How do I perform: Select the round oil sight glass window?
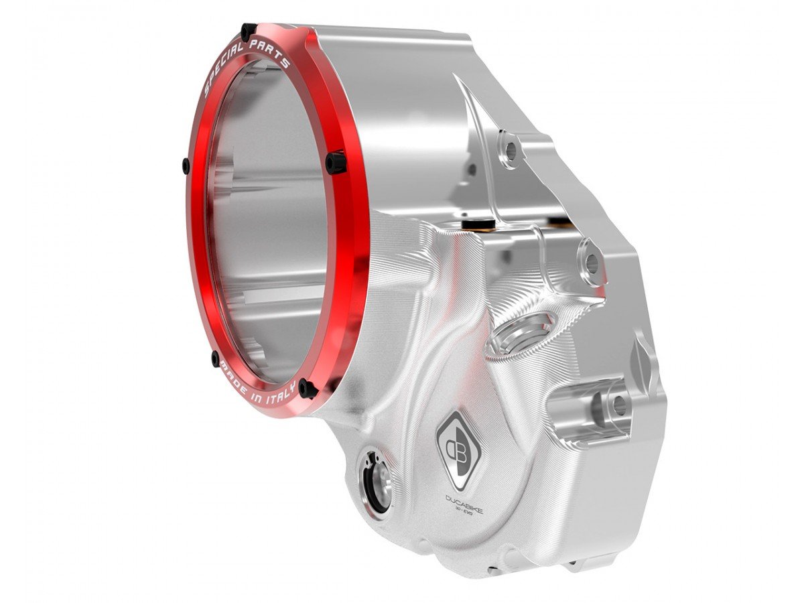(373, 481)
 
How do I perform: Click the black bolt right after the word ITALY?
(307, 388)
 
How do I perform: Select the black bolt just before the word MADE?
(215, 357)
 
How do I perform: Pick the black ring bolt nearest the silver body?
(336, 161)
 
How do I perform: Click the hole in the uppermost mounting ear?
(510, 151)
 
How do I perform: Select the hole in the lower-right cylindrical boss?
(618, 404)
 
